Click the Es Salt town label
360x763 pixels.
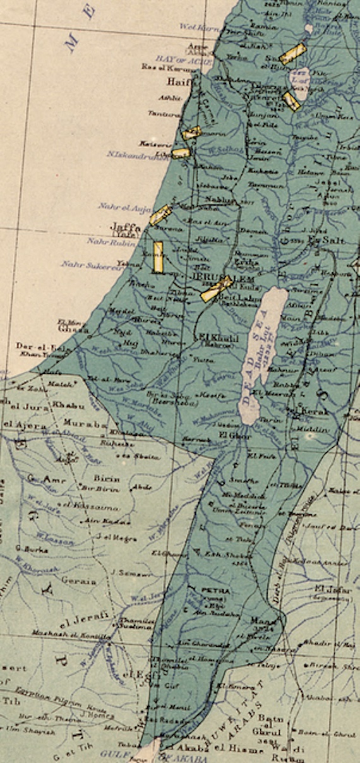pos(325,240)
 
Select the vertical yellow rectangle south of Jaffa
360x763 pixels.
pos(158,257)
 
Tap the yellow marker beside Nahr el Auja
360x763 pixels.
pos(160,215)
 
